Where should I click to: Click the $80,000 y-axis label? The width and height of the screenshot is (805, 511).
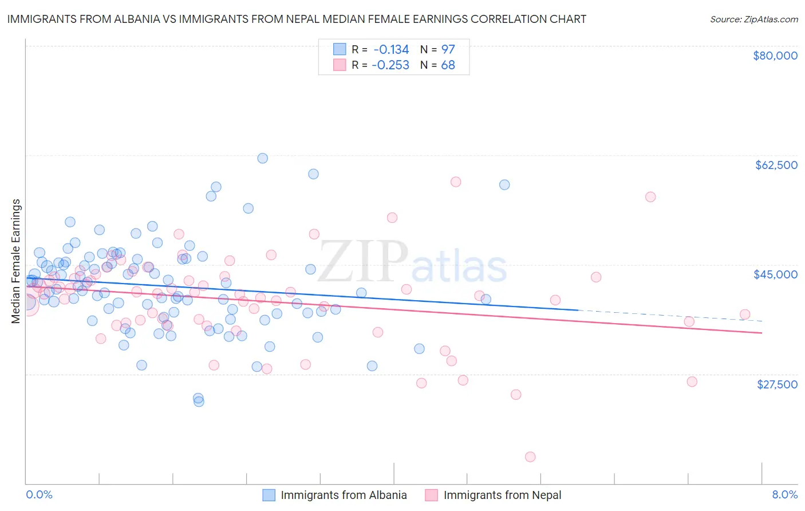point(775,56)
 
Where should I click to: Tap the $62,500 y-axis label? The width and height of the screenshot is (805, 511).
point(776,165)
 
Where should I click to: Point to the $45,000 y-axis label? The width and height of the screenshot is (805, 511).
point(775,274)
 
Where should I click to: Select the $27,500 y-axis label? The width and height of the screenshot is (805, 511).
point(777,384)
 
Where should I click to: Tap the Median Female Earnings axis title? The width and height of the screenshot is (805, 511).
point(16,261)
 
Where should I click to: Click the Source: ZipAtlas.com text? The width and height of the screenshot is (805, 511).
point(753,19)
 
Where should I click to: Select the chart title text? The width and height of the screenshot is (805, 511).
point(297,19)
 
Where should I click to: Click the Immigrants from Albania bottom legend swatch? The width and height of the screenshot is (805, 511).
point(269,495)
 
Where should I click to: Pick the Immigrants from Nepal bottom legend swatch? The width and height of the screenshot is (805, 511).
point(432,495)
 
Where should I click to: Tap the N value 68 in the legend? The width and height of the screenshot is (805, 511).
point(448,65)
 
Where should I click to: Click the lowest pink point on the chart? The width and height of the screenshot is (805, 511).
point(530,457)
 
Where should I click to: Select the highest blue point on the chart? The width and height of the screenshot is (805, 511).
point(263,158)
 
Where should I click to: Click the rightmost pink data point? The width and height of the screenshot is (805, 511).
point(745,314)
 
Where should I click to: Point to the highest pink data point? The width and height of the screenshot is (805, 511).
point(456,182)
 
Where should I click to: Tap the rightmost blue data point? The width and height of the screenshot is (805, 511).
point(504,184)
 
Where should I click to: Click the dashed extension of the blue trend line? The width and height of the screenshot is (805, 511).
point(670,315)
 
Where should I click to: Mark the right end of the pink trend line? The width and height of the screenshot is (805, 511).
point(761,333)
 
